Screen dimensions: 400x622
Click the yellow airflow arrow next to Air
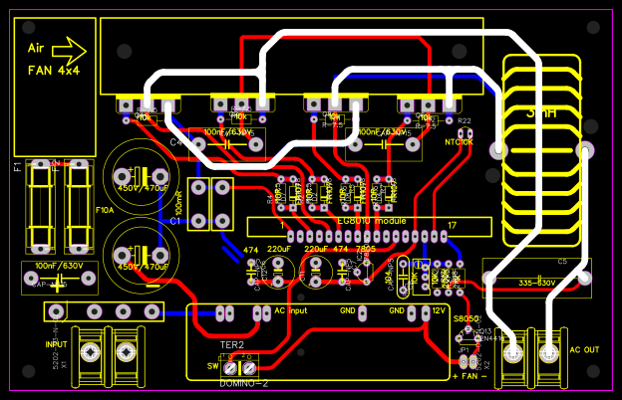[68, 48]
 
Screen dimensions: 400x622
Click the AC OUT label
[586, 350]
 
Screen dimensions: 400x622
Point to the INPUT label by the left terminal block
[56, 344]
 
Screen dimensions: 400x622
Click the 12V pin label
[439, 310]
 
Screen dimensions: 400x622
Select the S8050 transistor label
[466, 319]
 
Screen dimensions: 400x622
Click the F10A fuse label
[104, 211]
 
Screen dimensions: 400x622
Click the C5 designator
[562, 262]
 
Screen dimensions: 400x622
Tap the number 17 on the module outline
[452, 225]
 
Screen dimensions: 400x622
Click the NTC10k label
[461, 142]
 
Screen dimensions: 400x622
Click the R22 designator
[464, 120]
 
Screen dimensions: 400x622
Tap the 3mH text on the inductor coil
[543, 114]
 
